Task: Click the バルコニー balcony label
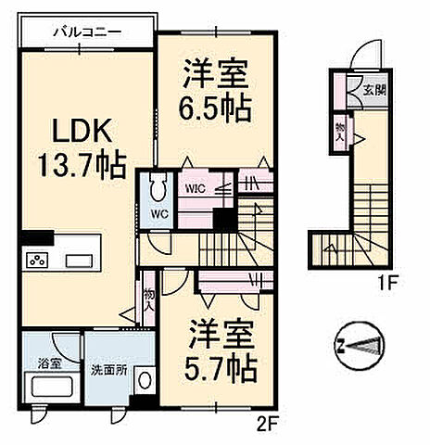pyautogui.click(x=85, y=32)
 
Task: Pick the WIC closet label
pyautogui.click(x=196, y=187)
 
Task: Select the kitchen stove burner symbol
pyautogui.click(x=38, y=260)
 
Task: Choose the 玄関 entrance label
pyautogui.click(x=373, y=91)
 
